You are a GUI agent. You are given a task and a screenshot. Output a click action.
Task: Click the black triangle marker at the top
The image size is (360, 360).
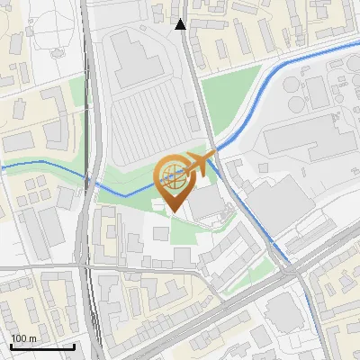coord(181,24)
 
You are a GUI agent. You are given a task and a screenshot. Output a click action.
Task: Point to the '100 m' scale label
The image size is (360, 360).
coord(23,338)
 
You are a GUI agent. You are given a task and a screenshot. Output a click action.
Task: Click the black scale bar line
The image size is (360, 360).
coord(42,346)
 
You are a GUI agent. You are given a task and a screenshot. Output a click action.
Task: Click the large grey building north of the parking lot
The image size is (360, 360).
coord(135,59)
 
